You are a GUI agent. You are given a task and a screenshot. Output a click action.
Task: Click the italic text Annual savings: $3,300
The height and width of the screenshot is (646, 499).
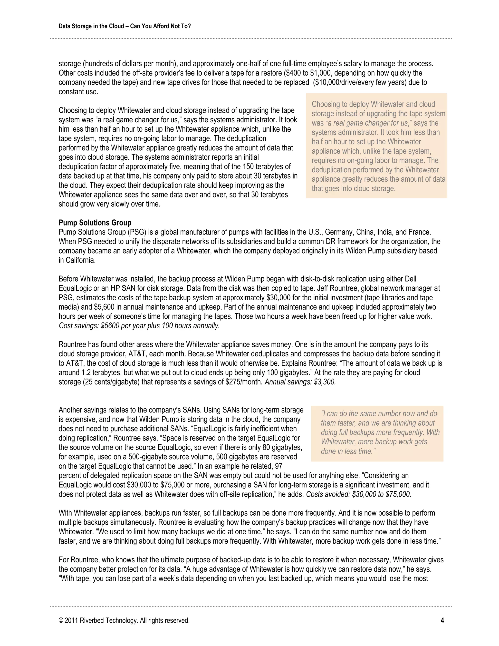[300, 382]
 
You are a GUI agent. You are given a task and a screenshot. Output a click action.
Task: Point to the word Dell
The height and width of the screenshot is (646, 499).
[410, 279]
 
